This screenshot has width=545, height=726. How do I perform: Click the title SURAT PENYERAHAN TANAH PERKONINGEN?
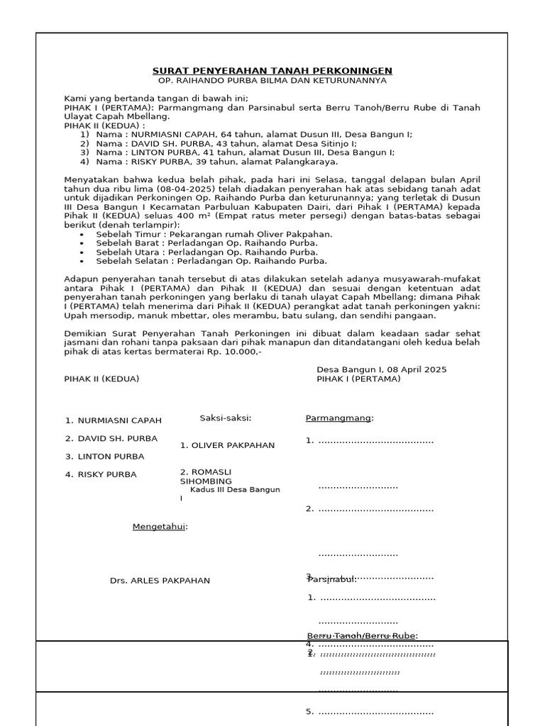pos(272,71)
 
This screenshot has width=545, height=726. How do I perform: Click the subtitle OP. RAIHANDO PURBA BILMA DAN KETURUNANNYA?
pos(272,81)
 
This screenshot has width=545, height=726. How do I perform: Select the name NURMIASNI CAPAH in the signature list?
pos(119,420)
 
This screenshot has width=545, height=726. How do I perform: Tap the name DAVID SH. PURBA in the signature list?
pos(117,439)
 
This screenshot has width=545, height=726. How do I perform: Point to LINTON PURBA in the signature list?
pos(111,457)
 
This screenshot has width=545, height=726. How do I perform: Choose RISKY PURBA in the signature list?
pos(107,475)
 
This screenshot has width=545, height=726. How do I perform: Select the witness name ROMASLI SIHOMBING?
pos(206,476)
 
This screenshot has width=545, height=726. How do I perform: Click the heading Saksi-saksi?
pos(225,418)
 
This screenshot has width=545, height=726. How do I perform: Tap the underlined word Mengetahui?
pos(160,527)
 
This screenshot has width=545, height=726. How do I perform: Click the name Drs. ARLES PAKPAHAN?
pos(160,581)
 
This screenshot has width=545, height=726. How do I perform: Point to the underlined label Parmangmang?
pos(338,418)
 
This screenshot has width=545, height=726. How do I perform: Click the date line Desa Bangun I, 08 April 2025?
pos(381,370)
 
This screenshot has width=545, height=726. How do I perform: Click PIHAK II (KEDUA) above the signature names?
pos(101,379)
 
